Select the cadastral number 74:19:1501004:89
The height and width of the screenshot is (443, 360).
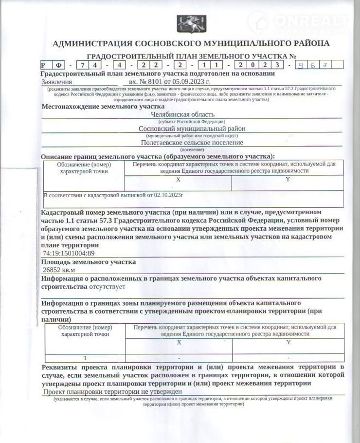69,254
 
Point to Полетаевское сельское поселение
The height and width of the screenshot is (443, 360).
192,143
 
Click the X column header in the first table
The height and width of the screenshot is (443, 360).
178,180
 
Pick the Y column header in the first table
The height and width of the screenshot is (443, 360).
288,180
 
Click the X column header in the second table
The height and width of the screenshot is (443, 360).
179,342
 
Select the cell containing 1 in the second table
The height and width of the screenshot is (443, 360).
85,357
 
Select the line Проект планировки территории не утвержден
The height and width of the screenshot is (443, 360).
112,391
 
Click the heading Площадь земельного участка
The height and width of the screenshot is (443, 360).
88,262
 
